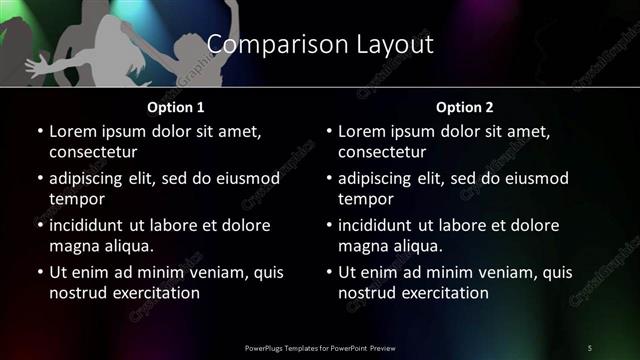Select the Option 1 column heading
pyautogui.click(x=176, y=107)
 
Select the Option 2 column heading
pyautogui.click(x=464, y=107)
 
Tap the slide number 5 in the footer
pyautogui.click(x=589, y=347)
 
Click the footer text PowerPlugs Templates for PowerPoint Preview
pyautogui.click(x=320, y=347)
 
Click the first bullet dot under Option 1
pyautogui.click(x=39, y=131)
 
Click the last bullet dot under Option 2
pyautogui.click(x=329, y=272)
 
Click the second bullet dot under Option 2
pyautogui.click(x=329, y=178)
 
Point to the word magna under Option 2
pyautogui.click(x=363, y=246)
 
